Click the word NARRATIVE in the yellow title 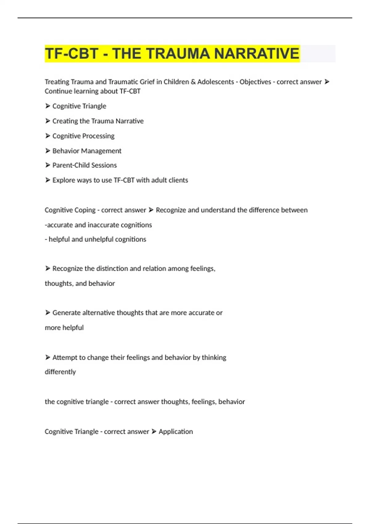click(257, 54)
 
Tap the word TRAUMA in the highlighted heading click(178, 54)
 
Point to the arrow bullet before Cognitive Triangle click(47, 106)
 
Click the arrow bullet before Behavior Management click(47, 151)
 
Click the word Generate click(67, 313)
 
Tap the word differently click(60, 372)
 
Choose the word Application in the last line click(176, 432)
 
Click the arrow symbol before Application click(154, 432)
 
